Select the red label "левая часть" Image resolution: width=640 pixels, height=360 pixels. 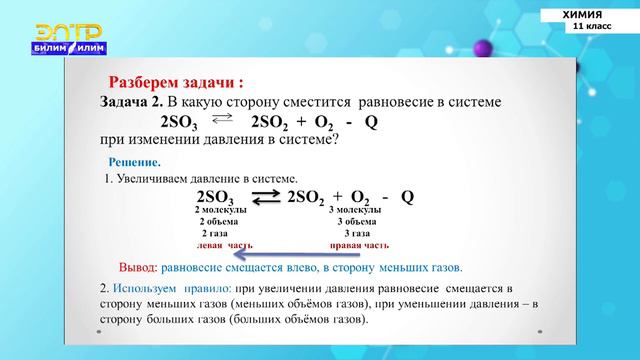[224, 244]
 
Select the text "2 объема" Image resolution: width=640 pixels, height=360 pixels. [222, 222]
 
